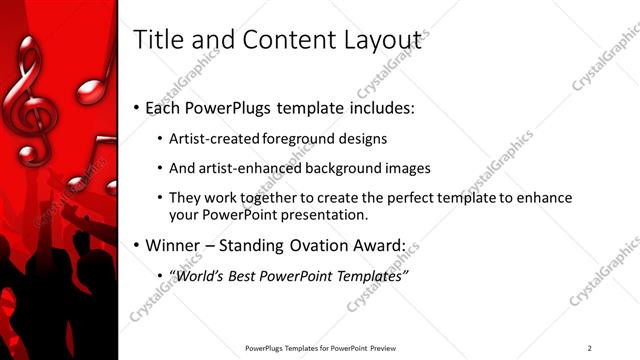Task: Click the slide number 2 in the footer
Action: tap(589, 348)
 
